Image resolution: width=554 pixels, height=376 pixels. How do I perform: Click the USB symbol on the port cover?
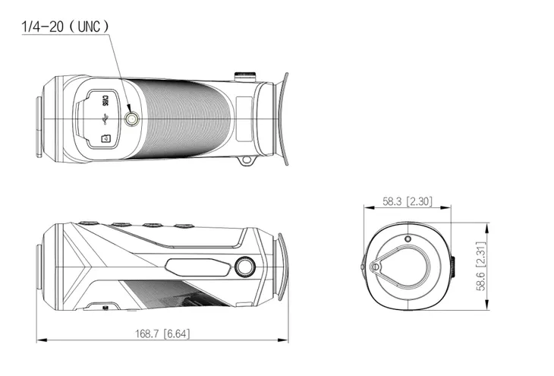point(107,118)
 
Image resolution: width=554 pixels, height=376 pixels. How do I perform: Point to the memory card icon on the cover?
point(106,138)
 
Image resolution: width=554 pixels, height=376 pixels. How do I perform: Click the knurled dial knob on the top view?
point(244,74)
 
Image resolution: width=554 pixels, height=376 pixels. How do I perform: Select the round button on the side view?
point(245,267)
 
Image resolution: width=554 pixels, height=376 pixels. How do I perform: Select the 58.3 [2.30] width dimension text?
point(407,201)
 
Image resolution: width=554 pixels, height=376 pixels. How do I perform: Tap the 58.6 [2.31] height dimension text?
point(480,266)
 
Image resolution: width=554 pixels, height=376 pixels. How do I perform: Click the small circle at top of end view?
point(408,239)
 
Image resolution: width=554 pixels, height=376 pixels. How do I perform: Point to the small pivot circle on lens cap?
point(375,267)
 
